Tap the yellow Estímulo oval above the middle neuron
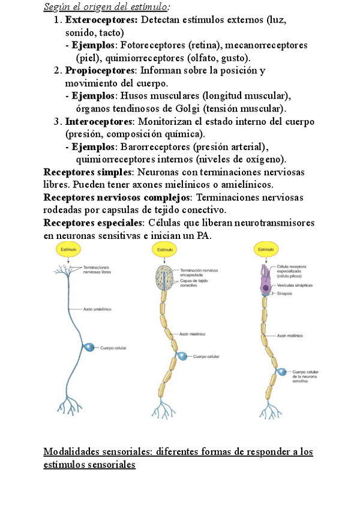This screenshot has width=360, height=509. [x=164, y=249]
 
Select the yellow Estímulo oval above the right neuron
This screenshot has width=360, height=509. [x=265, y=249]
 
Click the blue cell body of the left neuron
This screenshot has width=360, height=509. [x=89, y=347]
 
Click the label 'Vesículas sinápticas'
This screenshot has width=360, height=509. [x=295, y=286]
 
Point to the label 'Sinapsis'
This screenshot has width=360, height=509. [x=284, y=294]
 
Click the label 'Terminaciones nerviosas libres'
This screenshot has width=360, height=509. [x=97, y=270]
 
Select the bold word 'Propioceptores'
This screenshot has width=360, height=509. [x=100, y=70]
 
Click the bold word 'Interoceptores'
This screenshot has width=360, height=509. [x=99, y=121]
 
